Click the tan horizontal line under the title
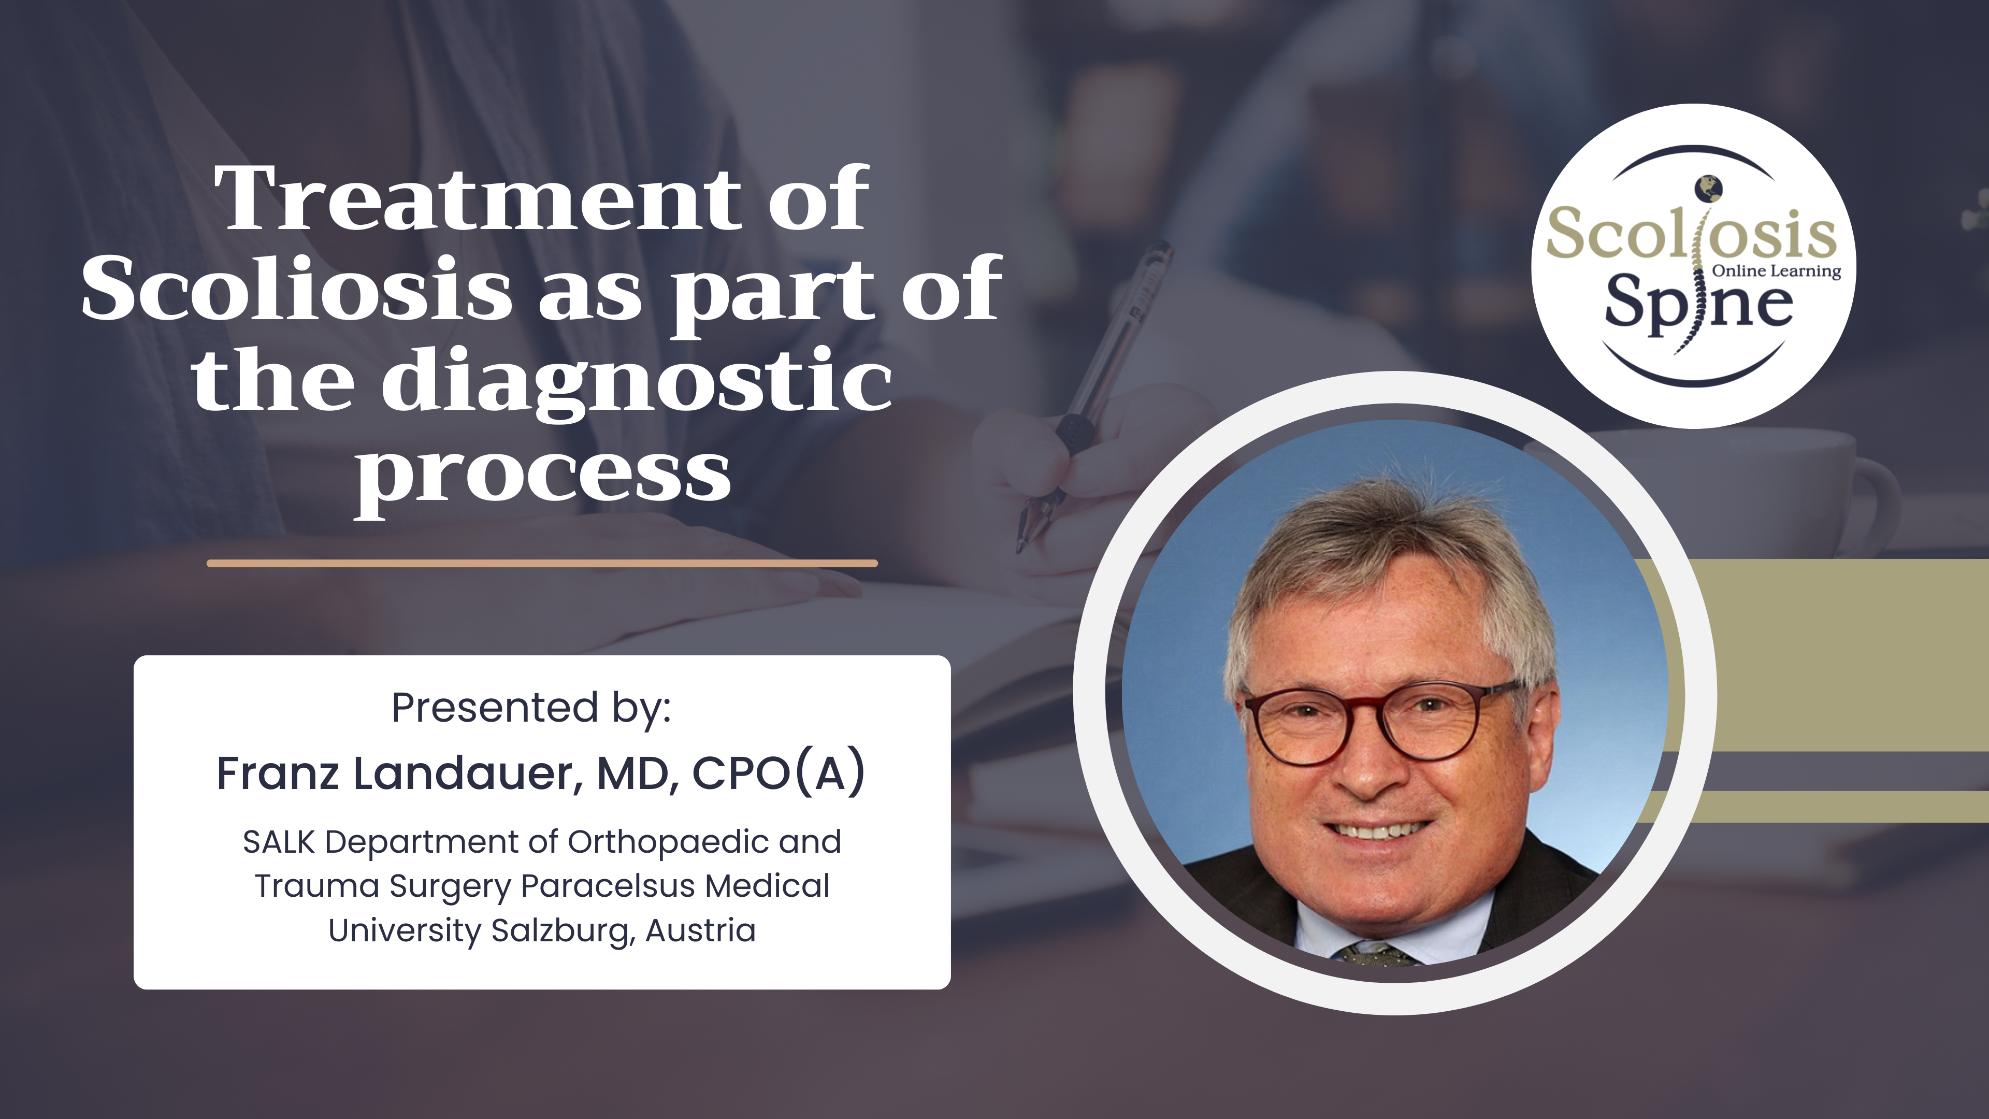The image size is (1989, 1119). (542, 564)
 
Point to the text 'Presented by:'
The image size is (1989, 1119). (531, 707)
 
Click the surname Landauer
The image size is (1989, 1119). (467, 774)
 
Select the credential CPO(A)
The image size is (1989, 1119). (779, 774)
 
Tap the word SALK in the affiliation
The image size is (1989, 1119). (279, 842)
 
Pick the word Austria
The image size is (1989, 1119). (700, 930)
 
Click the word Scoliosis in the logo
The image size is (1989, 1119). (1691, 234)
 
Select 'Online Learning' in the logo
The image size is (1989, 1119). (1777, 271)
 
